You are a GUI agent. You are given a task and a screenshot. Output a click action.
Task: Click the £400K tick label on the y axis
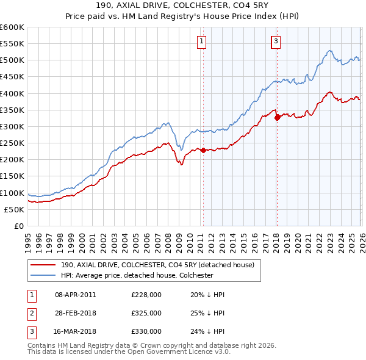(x=12, y=93)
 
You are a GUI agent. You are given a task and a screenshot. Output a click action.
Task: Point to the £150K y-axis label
(x=12, y=176)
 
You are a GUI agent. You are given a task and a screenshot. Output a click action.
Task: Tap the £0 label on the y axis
(x=18, y=226)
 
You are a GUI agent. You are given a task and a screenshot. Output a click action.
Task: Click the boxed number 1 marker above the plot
(x=202, y=41)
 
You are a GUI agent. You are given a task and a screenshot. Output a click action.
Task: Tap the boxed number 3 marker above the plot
(x=276, y=41)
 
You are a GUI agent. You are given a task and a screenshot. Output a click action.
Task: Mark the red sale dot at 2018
(x=278, y=117)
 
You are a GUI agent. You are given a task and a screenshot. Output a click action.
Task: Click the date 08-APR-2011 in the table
(x=75, y=295)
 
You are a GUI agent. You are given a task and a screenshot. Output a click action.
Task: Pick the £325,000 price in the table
(x=146, y=313)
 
